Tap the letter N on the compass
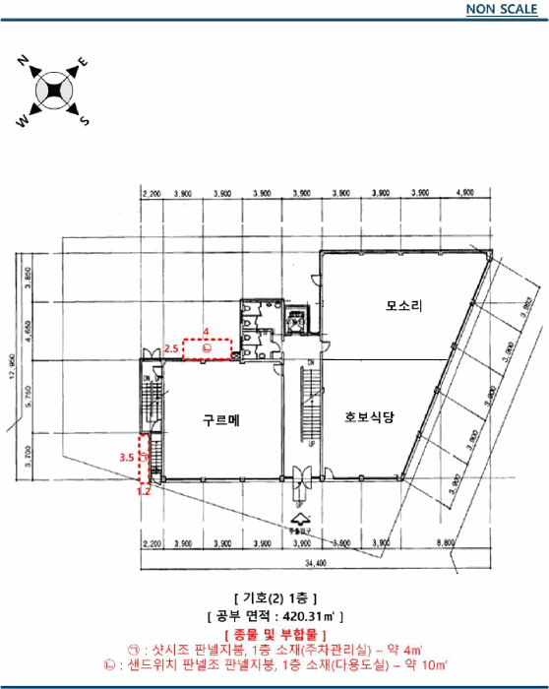point(23,61)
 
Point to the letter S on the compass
point(85,122)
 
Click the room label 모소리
point(403,306)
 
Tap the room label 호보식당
point(369,417)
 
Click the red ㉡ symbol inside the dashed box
point(207,348)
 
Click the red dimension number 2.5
point(170,348)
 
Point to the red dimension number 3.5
point(126,458)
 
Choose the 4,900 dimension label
point(466,194)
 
